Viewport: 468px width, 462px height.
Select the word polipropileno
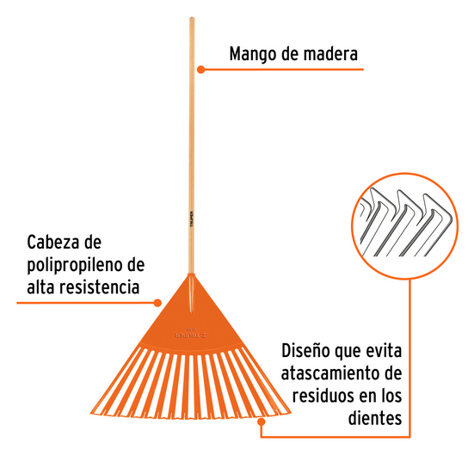pos(75,266)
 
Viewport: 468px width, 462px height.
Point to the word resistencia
pos(100,286)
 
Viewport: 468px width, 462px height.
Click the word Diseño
pos(305,351)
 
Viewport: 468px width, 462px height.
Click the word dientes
pos(375,418)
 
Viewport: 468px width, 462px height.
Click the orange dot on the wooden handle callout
pos(200,70)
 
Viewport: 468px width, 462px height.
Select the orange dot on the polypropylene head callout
pos(157,303)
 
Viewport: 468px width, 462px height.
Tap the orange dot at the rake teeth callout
pos(262,422)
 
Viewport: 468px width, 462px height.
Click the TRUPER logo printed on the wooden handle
pos(192,219)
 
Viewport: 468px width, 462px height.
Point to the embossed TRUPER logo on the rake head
pos(191,336)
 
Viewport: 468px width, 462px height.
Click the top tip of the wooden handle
pos(192,18)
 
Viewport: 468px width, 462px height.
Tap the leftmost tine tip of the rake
pos(91,413)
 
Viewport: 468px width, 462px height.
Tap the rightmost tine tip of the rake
pos(290,412)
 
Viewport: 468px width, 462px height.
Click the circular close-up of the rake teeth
pos(404,226)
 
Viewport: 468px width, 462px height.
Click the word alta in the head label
pos(40,286)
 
